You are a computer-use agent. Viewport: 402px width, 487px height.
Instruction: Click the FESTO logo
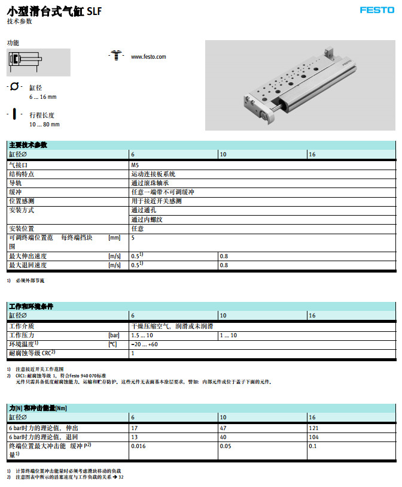376,10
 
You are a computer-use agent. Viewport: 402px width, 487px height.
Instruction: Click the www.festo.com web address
148,57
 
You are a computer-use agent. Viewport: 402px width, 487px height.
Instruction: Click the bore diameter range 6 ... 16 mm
42,97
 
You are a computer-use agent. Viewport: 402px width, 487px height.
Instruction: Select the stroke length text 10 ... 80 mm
44,124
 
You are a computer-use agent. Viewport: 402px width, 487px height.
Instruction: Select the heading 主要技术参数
28,145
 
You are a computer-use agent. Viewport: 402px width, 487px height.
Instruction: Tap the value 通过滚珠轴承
150,183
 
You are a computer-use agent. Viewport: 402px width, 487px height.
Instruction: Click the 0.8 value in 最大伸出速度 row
224,256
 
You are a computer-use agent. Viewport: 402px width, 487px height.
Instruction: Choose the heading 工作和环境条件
31,306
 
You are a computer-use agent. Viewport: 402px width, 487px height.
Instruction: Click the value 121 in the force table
313,428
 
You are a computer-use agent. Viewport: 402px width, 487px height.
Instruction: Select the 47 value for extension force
223,428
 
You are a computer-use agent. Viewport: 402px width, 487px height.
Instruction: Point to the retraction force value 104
313,437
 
